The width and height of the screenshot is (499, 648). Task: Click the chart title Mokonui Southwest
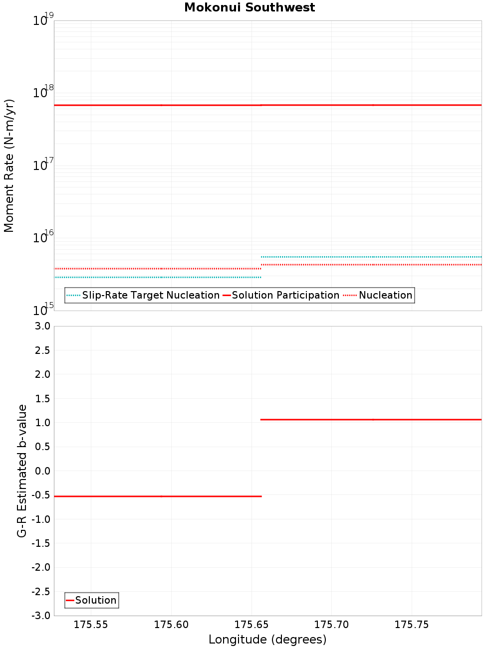(x=249, y=7)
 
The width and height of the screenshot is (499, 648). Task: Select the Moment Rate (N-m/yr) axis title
(x=9, y=165)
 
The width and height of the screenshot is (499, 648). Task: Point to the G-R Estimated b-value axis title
(x=22, y=471)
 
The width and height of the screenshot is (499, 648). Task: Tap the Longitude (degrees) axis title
(x=267, y=640)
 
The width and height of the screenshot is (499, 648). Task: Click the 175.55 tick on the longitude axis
(x=91, y=625)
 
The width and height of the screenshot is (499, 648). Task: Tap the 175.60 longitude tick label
(x=171, y=625)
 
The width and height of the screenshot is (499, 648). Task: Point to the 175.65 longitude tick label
(x=251, y=625)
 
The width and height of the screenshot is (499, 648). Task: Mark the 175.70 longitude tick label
(x=331, y=625)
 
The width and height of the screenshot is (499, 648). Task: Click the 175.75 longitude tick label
(x=412, y=625)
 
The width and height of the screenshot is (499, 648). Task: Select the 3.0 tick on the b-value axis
(x=42, y=326)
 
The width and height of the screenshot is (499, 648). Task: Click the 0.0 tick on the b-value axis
(x=42, y=471)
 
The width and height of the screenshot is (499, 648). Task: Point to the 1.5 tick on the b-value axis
(x=42, y=399)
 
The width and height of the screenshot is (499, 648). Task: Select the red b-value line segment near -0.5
(x=158, y=496)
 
